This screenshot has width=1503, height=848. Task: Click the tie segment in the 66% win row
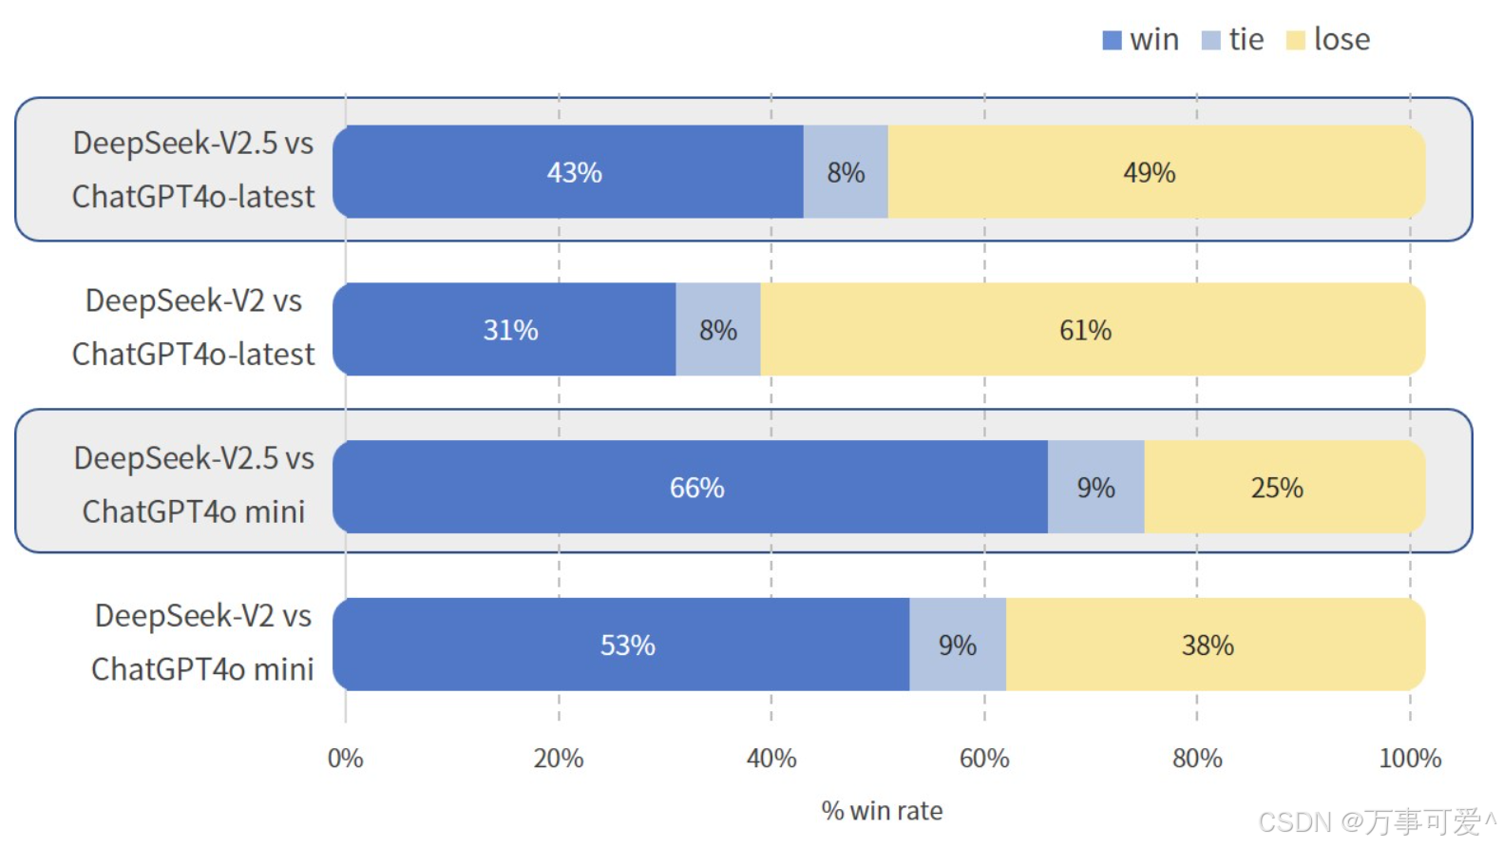[x=1095, y=488]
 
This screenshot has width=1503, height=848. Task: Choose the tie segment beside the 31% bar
[x=717, y=330]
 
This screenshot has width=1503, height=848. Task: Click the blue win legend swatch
[x=1111, y=41]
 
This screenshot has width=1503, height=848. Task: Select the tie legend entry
[x=1233, y=40]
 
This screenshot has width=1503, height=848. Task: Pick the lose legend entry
[x=1328, y=40]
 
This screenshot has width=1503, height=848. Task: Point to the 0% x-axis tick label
[x=345, y=759]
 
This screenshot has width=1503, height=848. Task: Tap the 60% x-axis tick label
[x=983, y=759]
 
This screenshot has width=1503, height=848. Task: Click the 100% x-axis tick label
[x=1409, y=759]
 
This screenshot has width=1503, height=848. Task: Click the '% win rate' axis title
[x=882, y=811]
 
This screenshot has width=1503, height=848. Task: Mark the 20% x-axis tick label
[x=558, y=759]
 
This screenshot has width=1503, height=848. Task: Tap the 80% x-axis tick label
[x=1196, y=759]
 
